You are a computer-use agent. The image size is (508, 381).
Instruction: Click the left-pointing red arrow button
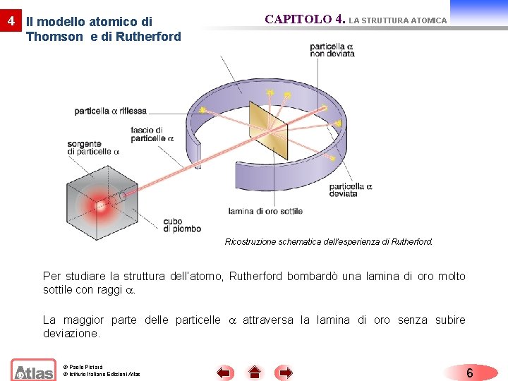224,372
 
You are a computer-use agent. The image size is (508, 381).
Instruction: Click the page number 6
470,373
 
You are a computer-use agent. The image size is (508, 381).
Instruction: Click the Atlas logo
33,370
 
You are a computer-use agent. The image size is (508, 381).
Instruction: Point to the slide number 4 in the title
10,21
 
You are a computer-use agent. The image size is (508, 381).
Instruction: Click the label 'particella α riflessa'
110,111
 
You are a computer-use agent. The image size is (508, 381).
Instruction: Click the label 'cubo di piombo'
181,224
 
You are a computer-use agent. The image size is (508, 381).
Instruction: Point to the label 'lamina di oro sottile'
265,211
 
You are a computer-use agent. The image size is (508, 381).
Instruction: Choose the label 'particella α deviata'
351,190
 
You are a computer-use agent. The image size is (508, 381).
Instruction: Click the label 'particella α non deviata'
332,50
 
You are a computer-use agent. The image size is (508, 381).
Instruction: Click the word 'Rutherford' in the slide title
149,36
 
